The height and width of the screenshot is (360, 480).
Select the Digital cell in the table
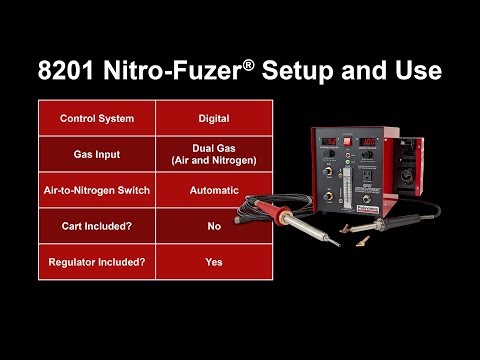tap(213, 118)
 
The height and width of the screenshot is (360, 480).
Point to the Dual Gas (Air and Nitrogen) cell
tap(213, 154)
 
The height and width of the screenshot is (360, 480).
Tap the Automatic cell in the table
tap(213, 190)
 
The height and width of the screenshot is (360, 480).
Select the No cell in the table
tap(213, 226)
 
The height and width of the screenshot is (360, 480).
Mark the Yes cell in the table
tap(213, 262)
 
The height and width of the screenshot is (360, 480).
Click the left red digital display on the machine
tap(329, 142)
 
